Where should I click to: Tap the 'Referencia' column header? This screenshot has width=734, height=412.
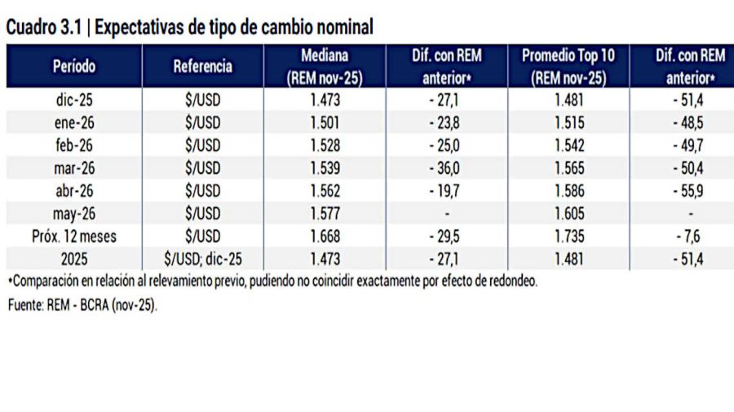202,67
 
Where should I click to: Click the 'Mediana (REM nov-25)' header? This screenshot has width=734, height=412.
325,67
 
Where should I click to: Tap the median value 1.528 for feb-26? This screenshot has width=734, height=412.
325,144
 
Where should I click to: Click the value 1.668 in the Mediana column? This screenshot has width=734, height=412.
325,237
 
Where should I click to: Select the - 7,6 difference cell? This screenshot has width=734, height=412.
691,237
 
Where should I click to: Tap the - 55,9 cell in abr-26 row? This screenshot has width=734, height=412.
691,191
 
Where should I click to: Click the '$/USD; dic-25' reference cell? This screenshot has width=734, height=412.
202,260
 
